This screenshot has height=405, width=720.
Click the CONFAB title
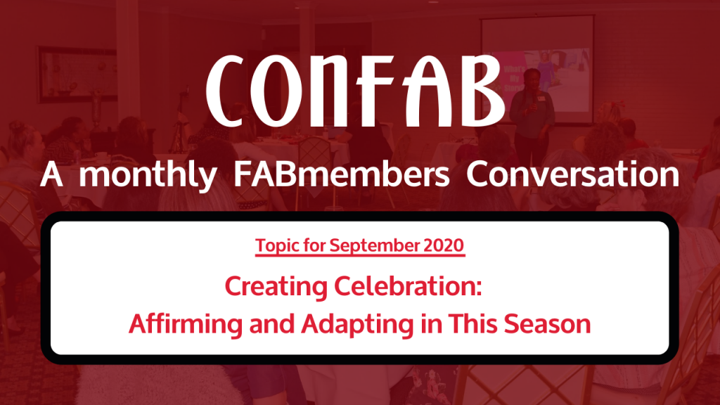355,91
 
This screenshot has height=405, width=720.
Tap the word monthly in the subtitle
148,175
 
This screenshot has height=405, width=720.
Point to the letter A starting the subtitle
51,174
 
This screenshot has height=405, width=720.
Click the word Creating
276,287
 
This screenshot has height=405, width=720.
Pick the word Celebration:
408,285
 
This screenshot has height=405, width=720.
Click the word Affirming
186,324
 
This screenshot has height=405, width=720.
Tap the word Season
547,323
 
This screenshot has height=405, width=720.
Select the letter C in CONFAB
226,91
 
